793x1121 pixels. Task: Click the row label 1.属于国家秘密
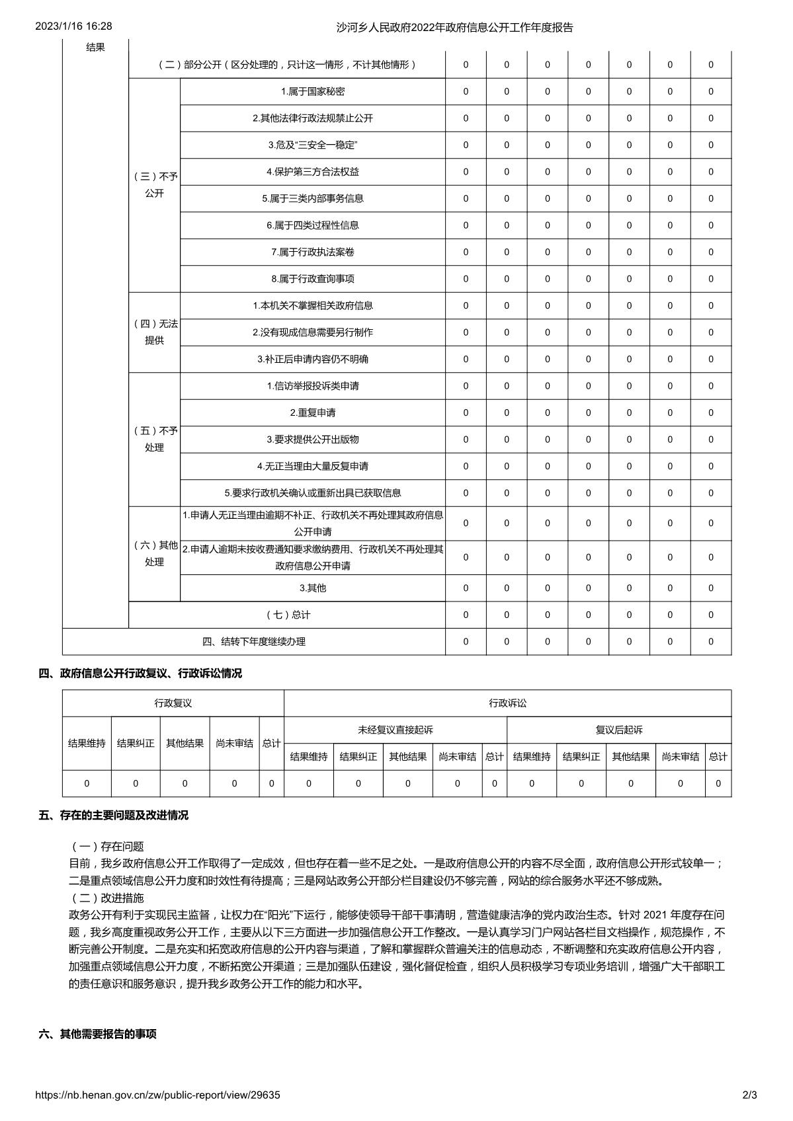312,92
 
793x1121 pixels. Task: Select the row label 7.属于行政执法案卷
312,252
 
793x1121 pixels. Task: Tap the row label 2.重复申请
312,412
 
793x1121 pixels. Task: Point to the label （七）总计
287,615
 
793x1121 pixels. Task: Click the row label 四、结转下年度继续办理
253,641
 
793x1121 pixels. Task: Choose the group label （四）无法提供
155,332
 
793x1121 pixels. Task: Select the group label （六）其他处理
155,553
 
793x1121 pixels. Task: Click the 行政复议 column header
173,703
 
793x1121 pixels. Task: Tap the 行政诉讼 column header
507,703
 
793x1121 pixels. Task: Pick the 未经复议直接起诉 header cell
395,730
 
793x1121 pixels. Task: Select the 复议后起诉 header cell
618,730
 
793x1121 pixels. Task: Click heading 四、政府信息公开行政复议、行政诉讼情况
140,673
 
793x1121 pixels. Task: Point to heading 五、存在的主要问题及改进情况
113,815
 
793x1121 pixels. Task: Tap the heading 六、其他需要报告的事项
97,1034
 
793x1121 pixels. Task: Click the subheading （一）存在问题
106,846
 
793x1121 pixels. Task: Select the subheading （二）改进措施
106,898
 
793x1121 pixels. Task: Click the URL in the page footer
157,1095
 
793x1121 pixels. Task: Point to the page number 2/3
749,1095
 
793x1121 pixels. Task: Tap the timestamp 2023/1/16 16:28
73,26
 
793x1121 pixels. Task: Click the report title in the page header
454,27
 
